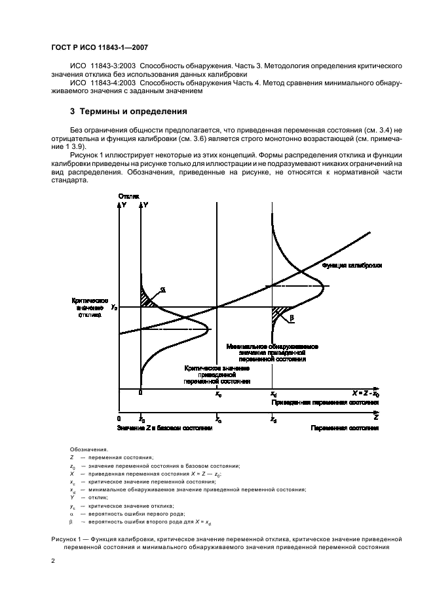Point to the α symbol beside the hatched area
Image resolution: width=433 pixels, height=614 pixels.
pos(162,290)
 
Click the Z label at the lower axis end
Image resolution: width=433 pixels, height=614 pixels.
pos(375,416)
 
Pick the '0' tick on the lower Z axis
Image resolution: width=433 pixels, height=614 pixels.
pos(119,419)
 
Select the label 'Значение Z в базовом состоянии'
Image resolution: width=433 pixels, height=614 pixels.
pos(166,428)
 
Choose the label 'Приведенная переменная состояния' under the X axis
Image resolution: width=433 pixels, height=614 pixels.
pos(325,403)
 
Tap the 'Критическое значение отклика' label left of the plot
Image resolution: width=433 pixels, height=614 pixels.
pos(89,307)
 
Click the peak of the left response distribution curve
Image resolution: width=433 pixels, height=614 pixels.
pos(208,328)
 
